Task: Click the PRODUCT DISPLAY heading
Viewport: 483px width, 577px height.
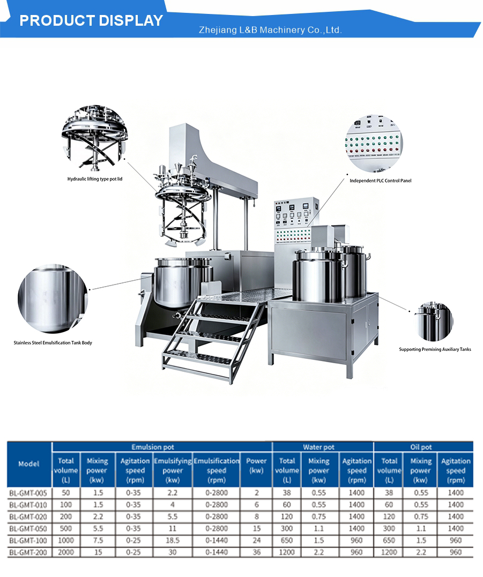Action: point(91,20)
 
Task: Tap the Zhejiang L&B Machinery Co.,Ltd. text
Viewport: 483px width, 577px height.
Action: point(270,30)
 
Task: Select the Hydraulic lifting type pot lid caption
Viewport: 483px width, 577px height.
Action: point(94,179)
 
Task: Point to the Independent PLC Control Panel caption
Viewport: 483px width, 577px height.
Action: point(380,181)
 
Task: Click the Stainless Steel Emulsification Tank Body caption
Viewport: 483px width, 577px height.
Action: point(53,342)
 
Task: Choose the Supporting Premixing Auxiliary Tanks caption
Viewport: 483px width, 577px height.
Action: point(435,349)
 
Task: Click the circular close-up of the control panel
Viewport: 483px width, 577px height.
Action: point(374,143)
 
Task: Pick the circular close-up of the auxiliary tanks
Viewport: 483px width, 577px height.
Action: point(435,321)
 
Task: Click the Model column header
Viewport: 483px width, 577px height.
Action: point(29,464)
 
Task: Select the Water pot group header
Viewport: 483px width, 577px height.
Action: point(319,447)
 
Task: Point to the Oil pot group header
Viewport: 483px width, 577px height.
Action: point(421,447)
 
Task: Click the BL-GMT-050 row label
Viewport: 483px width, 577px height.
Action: point(28,529)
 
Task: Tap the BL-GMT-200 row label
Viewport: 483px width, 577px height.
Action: point(28,552)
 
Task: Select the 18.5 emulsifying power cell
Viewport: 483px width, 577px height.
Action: point(173,541)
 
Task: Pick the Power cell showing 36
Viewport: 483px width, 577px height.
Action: point(257,552)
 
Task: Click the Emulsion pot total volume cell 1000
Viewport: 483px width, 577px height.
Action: point(66,541)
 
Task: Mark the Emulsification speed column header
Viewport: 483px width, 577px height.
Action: point(217,470)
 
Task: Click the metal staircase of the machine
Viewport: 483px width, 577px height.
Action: point(212,335)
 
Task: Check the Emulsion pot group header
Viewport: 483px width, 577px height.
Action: point(153,447)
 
